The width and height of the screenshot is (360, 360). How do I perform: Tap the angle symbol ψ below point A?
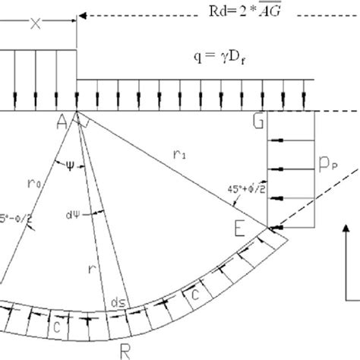pos(70,163)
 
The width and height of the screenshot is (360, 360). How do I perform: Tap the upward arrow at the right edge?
pos(347,258)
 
